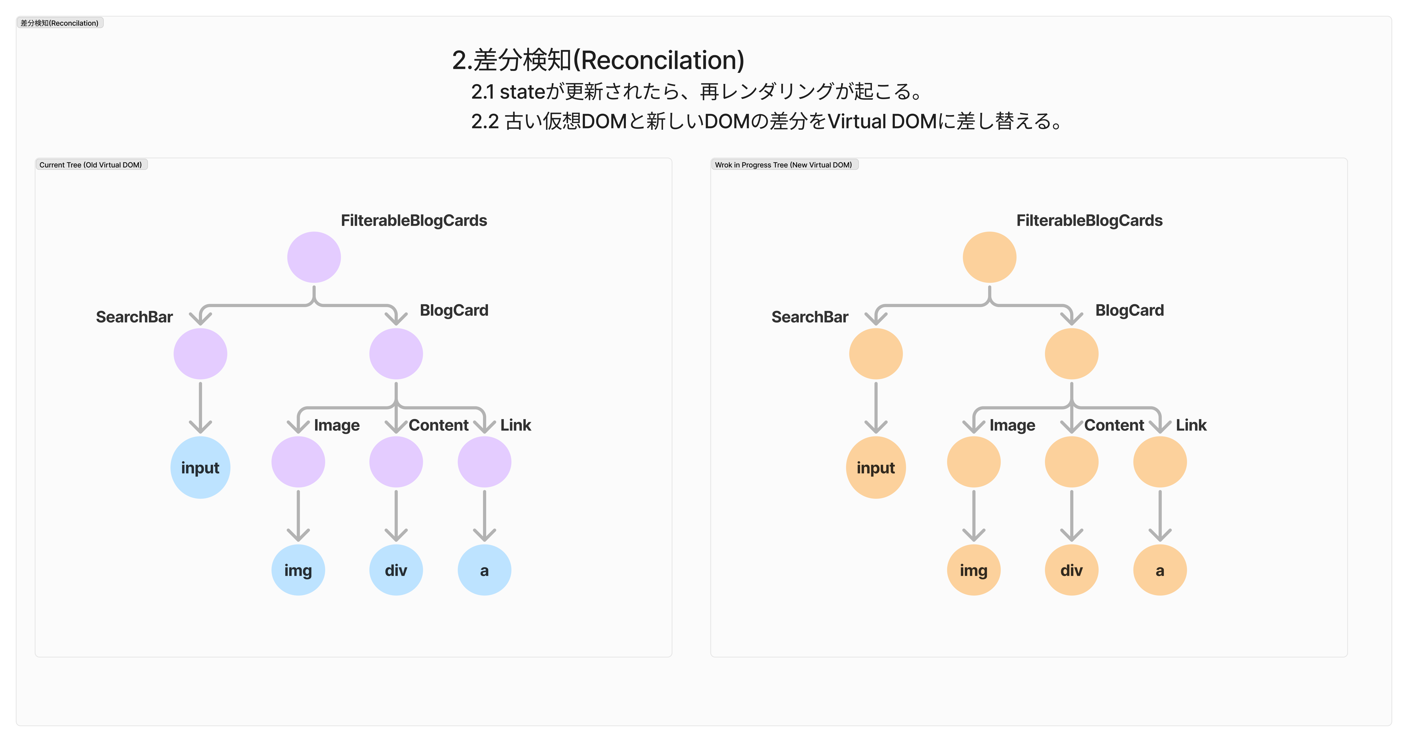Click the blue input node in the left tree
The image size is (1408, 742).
click(200, 468)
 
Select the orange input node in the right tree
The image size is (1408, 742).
click(876, 468)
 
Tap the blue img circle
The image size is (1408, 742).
click(298, 570)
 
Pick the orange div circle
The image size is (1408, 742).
click(1071, 570)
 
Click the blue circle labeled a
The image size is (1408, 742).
click(484, 570)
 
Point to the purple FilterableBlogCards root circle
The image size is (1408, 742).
click(314, 257)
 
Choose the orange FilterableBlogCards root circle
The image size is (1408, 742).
click(989, 257)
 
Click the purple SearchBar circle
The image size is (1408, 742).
click(200, 353)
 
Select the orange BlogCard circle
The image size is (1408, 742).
click(1071, 353)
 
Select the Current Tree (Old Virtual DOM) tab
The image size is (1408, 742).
click(91, 165)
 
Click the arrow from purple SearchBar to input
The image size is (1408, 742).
click(200, 407)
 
